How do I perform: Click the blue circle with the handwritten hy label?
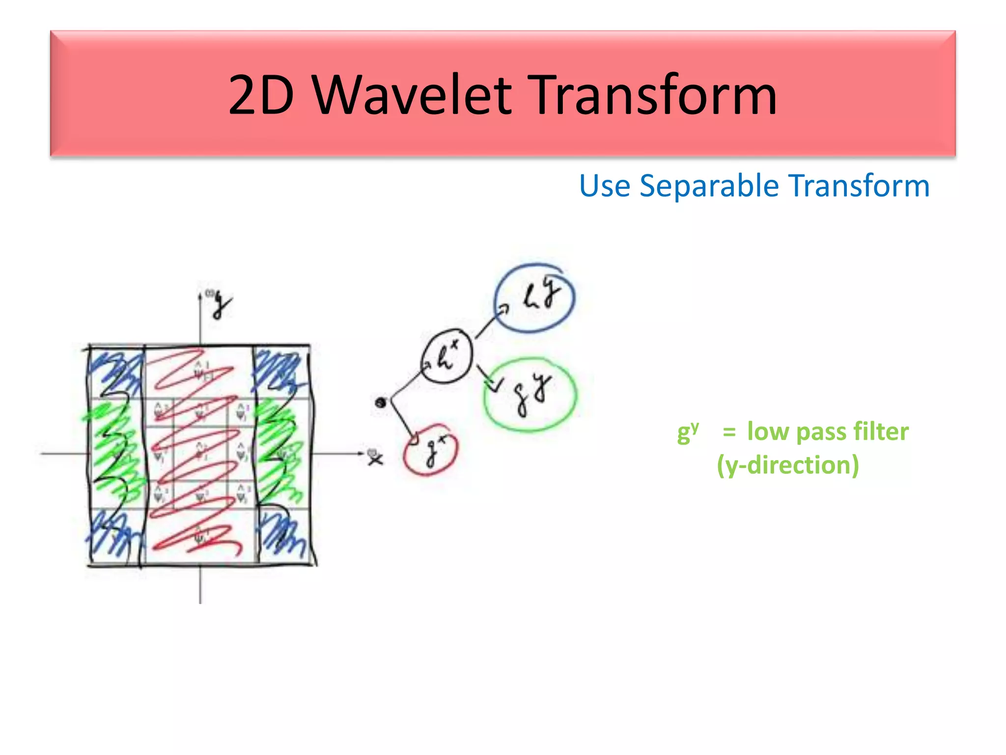click(534, 298)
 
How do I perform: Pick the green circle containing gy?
click(530, 395)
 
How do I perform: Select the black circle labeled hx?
click(447, 356)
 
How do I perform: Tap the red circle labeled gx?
click(430, 450)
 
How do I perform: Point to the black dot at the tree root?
click(380, 403)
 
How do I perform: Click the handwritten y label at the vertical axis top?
click(222, 305)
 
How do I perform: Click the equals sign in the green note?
click(729, 432)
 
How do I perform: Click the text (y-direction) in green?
click(787, 465)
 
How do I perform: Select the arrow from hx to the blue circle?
click(489, 321)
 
